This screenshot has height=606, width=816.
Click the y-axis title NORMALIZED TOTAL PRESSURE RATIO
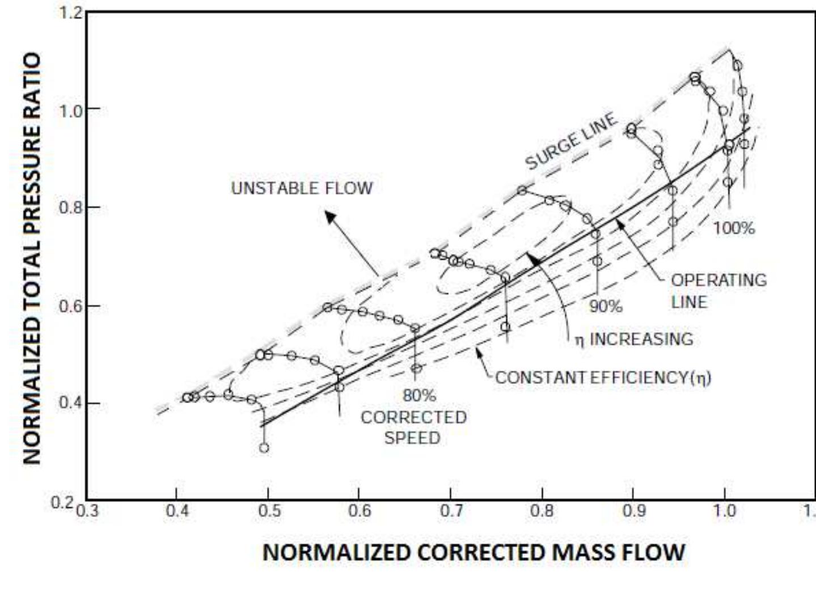point(32,258)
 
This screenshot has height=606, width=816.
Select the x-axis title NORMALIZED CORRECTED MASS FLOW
point(473,552)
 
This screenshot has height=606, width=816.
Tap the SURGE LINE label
point(570,141)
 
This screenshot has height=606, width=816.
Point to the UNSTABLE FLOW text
point(302,188)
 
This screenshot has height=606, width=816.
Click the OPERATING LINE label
point(718,291)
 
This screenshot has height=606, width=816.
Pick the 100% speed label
point(734,228)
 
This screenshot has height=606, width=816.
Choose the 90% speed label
point(606,306)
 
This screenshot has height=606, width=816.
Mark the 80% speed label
point(419,395)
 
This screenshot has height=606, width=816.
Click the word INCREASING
point(641,339)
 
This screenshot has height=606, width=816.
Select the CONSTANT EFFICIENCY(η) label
point(603,378)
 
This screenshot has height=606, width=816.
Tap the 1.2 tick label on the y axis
point(71,12)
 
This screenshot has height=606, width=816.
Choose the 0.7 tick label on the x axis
point(451,511)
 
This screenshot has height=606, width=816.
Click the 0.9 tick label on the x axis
point(633,511)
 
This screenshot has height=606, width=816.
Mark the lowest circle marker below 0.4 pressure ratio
point(264,448)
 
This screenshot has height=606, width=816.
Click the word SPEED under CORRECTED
point(412,438)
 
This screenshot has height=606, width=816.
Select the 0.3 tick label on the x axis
point(87,511)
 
